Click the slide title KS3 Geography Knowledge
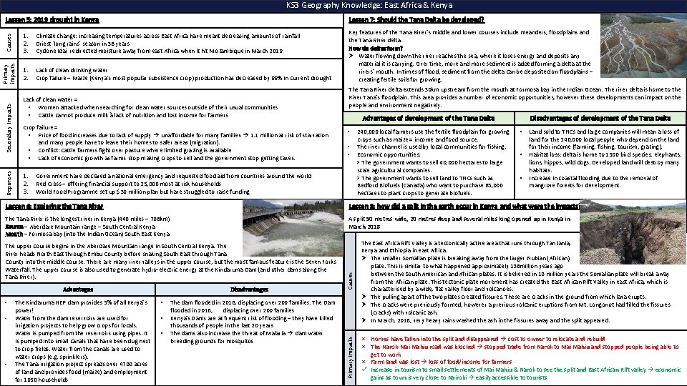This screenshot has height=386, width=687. (343, 5)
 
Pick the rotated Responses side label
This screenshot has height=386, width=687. (9, 183)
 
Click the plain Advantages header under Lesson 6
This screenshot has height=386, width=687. (77, 290)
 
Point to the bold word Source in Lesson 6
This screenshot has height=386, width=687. (14, 227)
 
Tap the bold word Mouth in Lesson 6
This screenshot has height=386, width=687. (13, 233)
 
